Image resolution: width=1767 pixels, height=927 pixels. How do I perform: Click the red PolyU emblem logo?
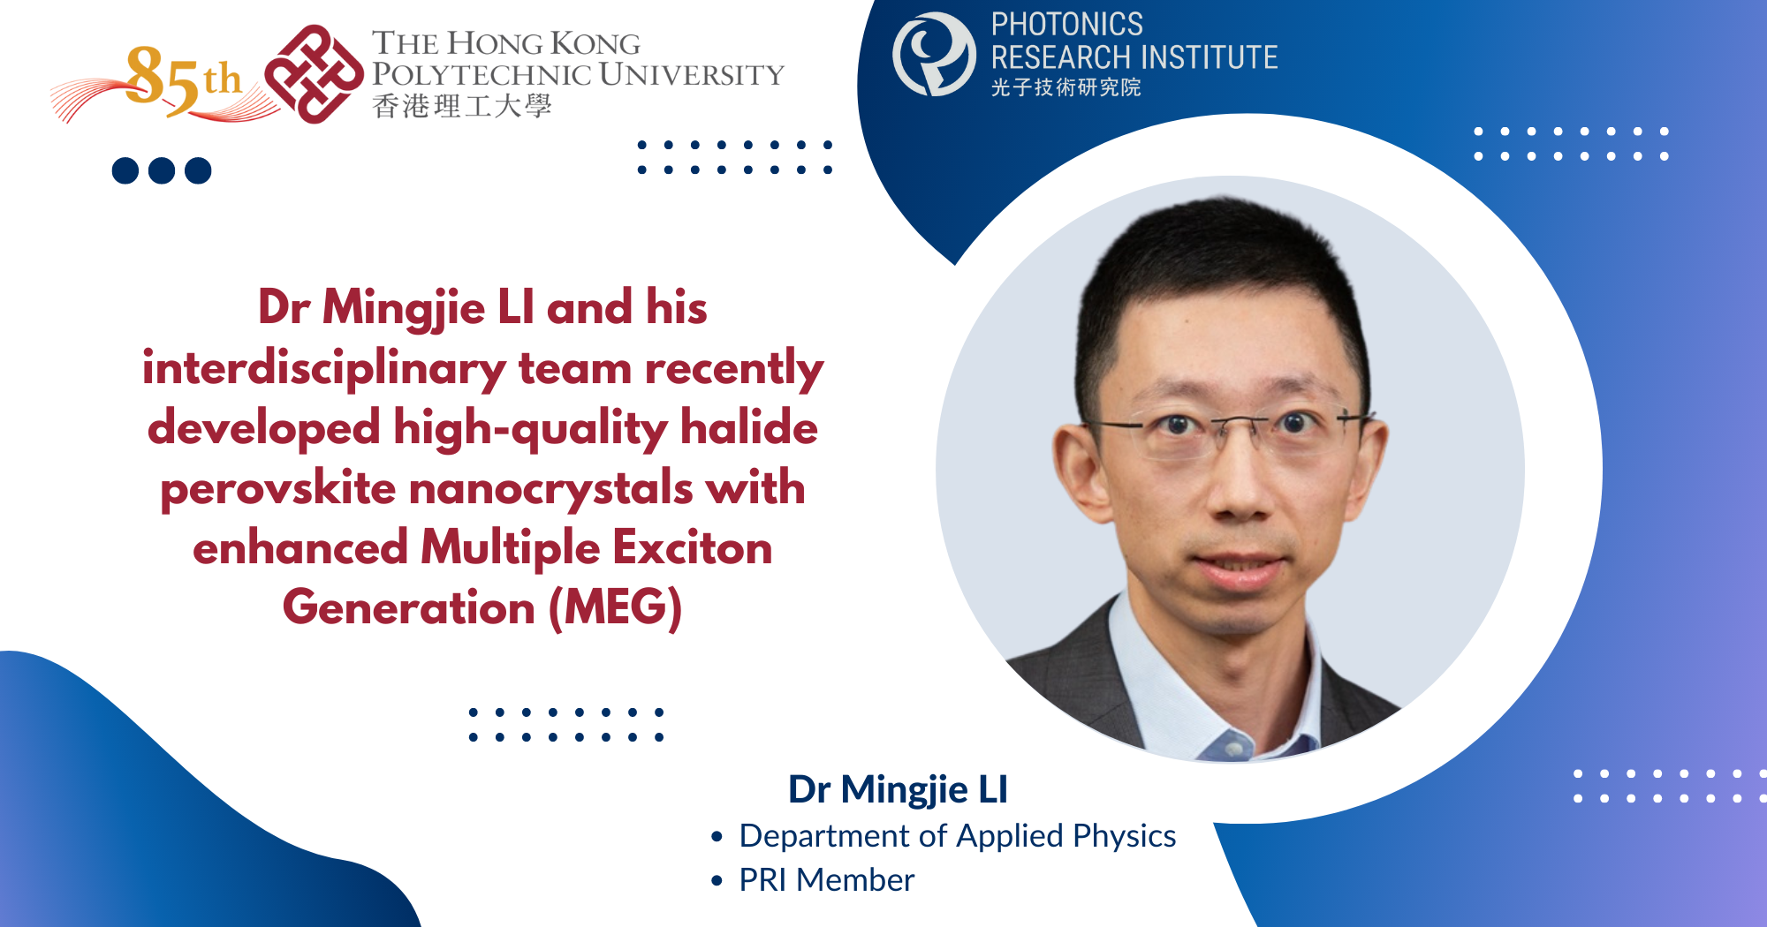[x=314, y=74]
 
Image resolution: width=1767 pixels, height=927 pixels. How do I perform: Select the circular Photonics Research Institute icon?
[x=934, y=54]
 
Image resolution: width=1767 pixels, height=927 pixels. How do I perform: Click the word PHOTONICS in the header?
[x=1066, y=25]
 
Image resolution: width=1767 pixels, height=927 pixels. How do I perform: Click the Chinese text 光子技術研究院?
[x=1066, y=87]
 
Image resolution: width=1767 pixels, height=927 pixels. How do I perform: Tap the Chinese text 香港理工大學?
[x=462, y=106]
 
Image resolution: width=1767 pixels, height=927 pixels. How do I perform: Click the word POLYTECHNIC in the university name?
[x=481, y=74]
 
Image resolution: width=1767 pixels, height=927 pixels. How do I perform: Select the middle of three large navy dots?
[x=162, y=170]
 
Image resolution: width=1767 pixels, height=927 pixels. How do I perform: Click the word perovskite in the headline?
[x=277, y=488]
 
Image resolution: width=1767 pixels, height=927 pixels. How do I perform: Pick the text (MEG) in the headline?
[x=616, y=608]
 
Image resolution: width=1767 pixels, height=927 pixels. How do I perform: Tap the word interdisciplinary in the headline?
[x=324, y=368]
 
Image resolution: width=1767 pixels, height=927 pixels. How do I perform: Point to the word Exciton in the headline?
[x=693, y=547]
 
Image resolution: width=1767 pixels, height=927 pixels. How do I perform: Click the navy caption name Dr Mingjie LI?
[x=898, y=789]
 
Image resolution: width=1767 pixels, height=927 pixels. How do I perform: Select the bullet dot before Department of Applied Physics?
[x=717, y=836]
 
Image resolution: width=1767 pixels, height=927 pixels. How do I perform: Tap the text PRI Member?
[x=826, y=880]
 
